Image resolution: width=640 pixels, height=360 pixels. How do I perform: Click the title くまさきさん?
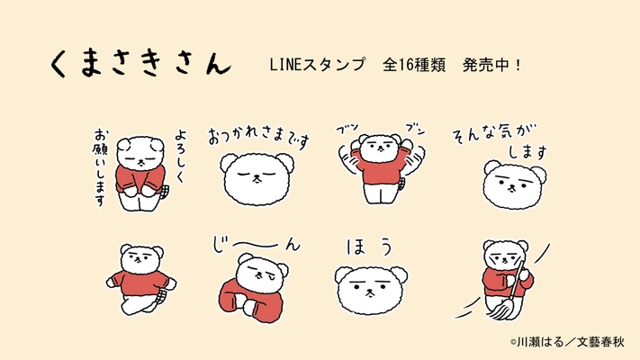(x=140, y=63)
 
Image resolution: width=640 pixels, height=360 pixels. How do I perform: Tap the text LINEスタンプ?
(x=317, y=66)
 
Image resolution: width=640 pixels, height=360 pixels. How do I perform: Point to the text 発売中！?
(x=494, y=66)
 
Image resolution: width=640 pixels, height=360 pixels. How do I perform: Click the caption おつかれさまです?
(x=258, y=137)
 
